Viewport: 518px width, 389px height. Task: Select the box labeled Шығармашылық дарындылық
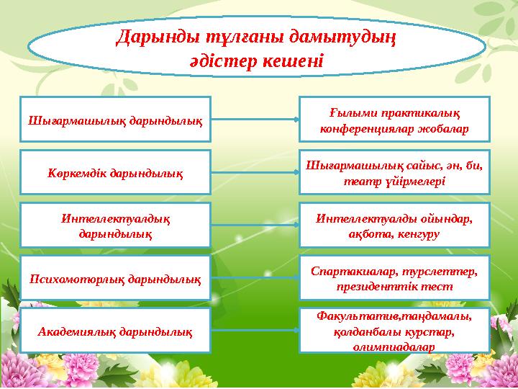click(115, 118)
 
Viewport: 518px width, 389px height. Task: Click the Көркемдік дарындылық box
click(115, 172)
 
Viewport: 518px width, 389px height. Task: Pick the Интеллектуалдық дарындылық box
click(115, 225)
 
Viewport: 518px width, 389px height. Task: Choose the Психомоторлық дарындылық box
click(115, 277)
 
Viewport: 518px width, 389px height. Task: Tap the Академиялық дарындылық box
click(115, 331)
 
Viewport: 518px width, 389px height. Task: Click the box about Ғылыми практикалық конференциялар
click(394, 120)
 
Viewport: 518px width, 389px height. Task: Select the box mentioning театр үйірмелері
click(394, 172)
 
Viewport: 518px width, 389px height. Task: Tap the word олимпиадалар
click(394, 346)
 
